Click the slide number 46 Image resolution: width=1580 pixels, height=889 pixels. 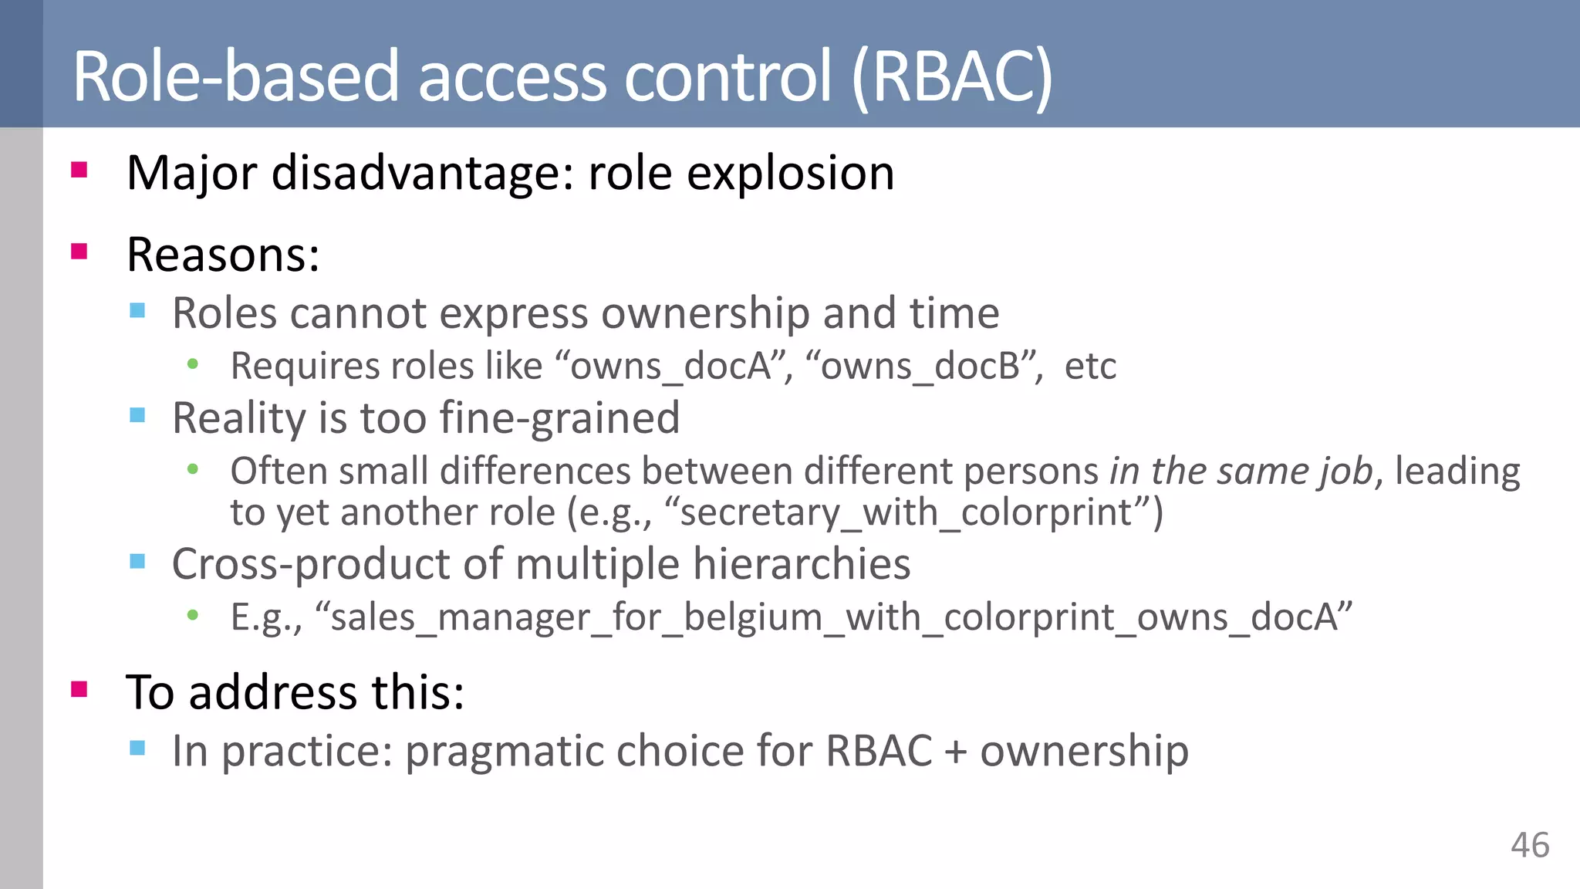click(1529, 845)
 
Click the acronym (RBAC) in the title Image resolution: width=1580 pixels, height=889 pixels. click(952, 76)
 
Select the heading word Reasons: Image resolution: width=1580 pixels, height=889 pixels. click(223, 255)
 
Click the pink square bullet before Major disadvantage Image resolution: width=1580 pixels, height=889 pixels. click(79, 170)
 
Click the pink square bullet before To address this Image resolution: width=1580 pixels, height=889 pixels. click(79, 688)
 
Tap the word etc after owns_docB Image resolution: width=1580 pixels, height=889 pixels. click(1090, 366)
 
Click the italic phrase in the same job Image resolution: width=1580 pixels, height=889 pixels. click(1241, 471)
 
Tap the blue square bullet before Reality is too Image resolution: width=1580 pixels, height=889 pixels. click(138, 416)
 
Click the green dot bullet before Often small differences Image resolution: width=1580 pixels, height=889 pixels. click(193, 469)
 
